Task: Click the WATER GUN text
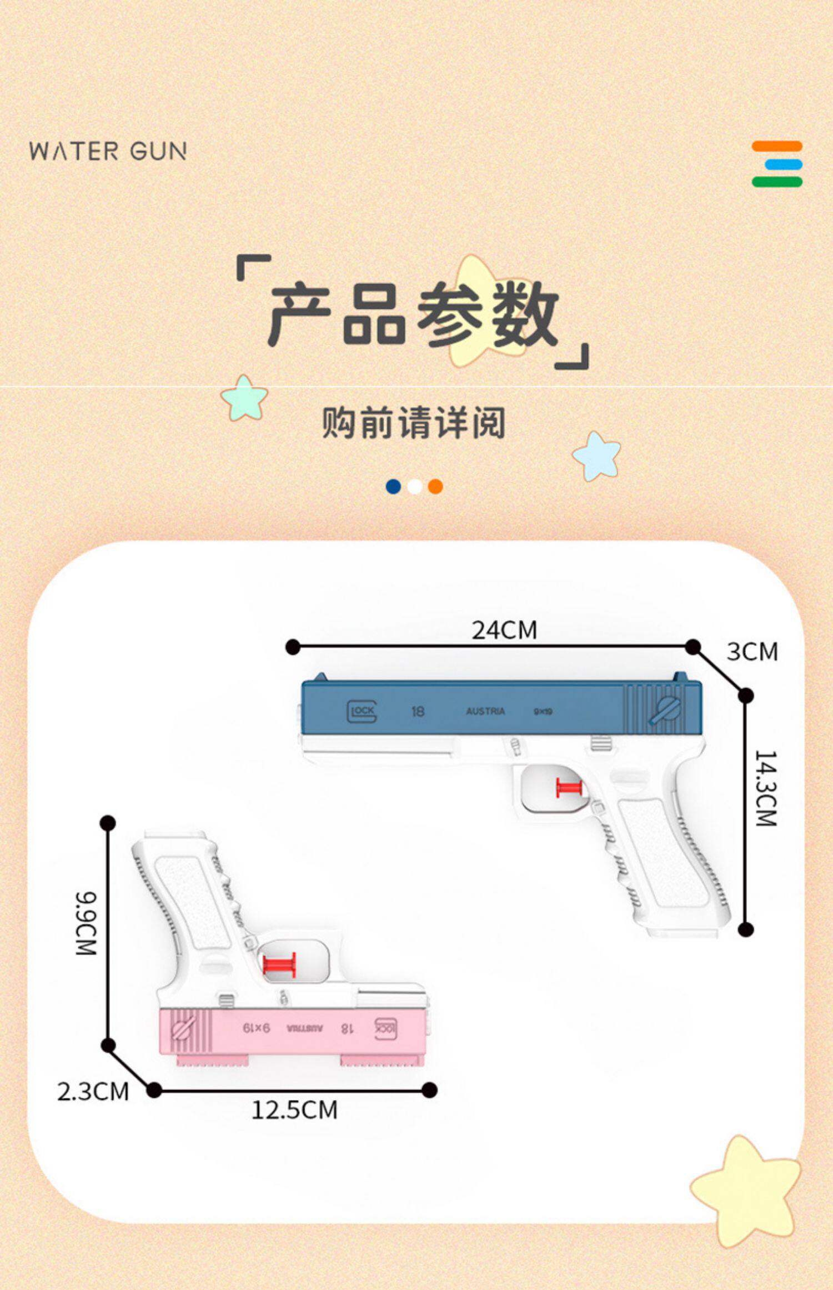click(108, 152)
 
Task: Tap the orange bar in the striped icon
click(777, 146)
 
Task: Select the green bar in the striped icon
click(777, 182)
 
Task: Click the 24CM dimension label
click(504, 630)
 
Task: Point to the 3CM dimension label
click(752, 652)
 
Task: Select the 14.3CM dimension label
click(766, 788)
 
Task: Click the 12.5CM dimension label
click(294, 1110)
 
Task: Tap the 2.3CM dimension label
click(93, 1092)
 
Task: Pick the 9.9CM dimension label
click(86, 923)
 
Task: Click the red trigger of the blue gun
click(569, 788)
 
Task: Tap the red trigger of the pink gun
click(279, 966)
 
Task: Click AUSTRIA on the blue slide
click(485, 711)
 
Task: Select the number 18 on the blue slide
click(418, 711)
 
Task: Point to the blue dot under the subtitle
click(393, 487)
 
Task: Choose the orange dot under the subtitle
click(435, 487)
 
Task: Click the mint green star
click(244, 398)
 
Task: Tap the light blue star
click(596, 456)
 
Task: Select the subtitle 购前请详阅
click(414, 423)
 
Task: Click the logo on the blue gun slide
click(362, 711)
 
